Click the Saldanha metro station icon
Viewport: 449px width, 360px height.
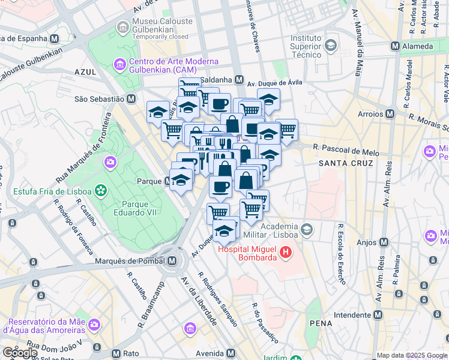pos(239,80)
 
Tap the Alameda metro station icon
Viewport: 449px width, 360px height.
pos(395,46)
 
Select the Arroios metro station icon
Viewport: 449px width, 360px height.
pos(390,113)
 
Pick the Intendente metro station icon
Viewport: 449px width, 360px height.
pos(378,314)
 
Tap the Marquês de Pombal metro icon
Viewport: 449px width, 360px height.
pos(173,261)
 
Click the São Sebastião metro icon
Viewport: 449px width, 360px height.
pos(131,99)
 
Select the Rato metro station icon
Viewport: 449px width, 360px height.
pos(115,353)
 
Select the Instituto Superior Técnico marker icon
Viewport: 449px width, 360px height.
pos(330,44)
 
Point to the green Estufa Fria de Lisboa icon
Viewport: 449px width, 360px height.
pos(101,191)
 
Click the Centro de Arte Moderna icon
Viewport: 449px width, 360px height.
pos(119,64)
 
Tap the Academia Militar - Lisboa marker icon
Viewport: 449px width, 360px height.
pos(307,229)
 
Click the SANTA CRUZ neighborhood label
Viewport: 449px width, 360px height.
pos(345,163)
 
